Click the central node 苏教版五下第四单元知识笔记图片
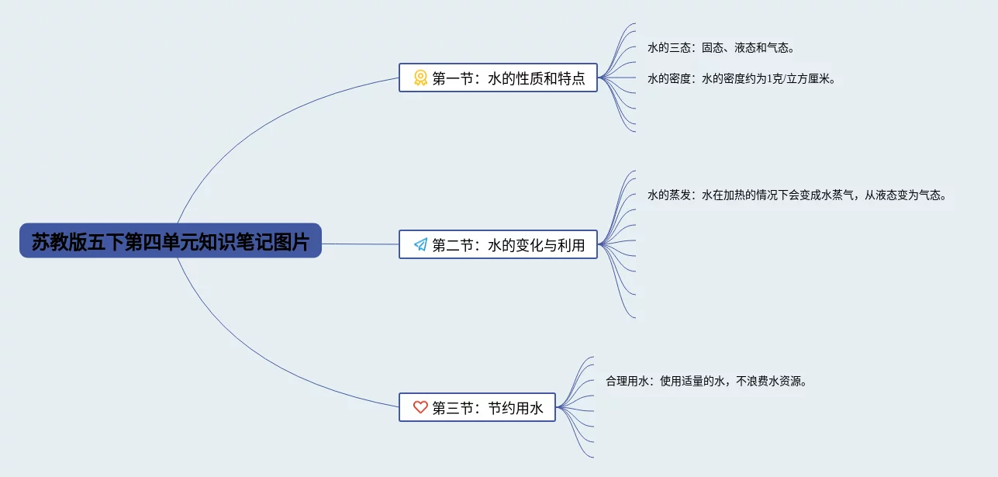tap(170, 241)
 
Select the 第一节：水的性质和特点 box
tap(498, 78)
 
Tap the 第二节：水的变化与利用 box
tap(498, 244)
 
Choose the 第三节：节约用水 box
tap(477, 407)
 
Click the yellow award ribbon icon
tap(420, 78)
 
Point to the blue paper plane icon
tap(420, 244)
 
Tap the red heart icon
tap(420, 407)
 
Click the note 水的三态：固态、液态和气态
tap(721, 48)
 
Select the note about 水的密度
tap(742, 78)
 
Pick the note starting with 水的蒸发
tap(797, 195)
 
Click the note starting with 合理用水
tap(706, 381)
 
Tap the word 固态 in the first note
tap(713, 48)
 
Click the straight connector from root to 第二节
tap(360, 244)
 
